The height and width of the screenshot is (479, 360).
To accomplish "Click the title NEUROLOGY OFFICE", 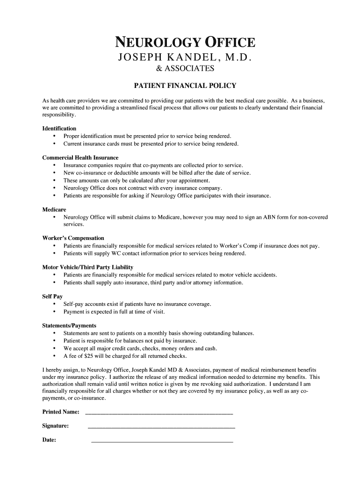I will click(185, 43).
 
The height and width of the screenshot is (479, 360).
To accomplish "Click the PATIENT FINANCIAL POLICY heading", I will click(185, 86).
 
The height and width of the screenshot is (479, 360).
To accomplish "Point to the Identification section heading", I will click(59, 129).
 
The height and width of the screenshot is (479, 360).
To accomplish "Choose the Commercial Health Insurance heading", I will click(80, 158).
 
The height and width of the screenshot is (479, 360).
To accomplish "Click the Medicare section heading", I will click(54, 210).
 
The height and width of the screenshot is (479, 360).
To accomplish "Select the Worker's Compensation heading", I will click(73, 238).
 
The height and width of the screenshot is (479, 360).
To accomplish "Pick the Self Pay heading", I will click(52, 297).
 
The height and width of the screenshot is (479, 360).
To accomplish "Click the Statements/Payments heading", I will click(69, 326).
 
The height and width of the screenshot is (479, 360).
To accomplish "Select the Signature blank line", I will click(161, 427).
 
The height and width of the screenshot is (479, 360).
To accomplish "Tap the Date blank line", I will click(162, 441).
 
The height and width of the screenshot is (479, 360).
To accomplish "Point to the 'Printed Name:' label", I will click(61, 412).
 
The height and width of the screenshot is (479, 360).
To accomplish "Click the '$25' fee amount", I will click(89, 356).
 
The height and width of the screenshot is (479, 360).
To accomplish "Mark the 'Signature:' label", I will click(56, 426).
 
